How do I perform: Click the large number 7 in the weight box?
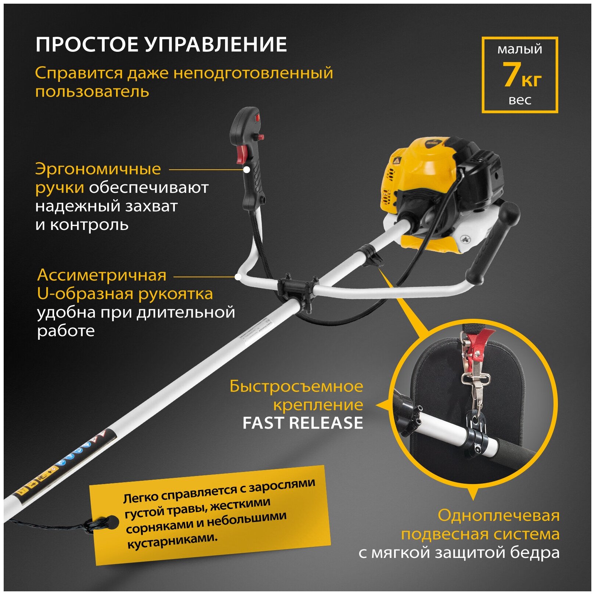pyautogui.click(x=511, y=75)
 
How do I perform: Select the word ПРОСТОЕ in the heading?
pyautogui.click(x=87, y=45)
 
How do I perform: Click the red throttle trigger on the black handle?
pyautogui.click(x=242, y=154)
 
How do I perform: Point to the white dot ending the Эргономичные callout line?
pyautogui.click(x=247, y=170)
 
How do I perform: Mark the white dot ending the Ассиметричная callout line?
pyautogui.click(x=238, y=277)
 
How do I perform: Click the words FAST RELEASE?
pyautogui.click(x=303, y=423)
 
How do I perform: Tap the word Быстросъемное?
pyautogui.click(x=296, y=386)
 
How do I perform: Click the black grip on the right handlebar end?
pyautogui.click(x=492, y=242)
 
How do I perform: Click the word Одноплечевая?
pyautogui.click(x=498, y=516)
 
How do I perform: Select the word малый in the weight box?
pyautogui.click(x=519, y=49)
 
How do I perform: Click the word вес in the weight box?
pyautogui.click(x=520, y=100)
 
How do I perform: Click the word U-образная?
pyautogui.click(x=84, y=294)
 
